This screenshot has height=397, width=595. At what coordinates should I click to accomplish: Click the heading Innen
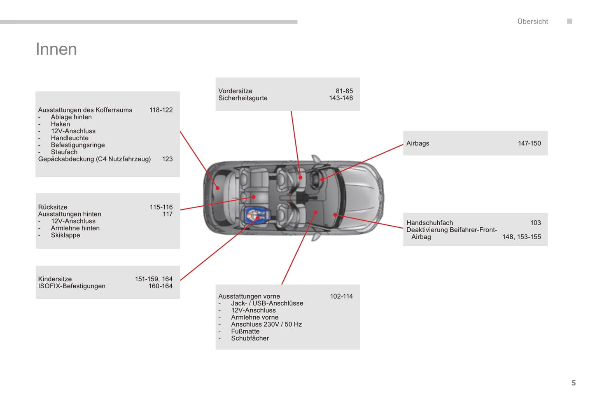coord(56,49)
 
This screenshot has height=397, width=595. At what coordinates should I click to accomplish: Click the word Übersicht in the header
coord(532,21)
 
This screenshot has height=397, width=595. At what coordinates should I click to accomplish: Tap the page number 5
coord(574,383)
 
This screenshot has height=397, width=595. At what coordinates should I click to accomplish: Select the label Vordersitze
coord(236,91)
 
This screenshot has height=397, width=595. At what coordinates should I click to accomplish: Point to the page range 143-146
coord(341,98)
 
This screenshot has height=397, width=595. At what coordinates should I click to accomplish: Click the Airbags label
coord(418,143)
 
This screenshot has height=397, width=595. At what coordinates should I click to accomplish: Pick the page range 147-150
coord(530,143)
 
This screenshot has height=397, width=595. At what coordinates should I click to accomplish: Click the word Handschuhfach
coord(429,223)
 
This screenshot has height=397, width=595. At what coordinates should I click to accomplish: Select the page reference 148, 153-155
coord(522,237)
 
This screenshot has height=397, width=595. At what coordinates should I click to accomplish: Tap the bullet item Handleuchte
coord(70,138)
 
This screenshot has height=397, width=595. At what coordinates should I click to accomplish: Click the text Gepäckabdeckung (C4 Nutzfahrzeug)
coord(94,159)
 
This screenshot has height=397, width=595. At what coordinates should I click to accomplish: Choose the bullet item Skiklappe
coord(65,235)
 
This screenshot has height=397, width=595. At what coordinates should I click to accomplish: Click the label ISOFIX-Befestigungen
coord(72,286)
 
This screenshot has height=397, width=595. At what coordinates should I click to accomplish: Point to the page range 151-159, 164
coord(154,279)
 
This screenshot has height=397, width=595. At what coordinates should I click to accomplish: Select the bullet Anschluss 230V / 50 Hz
coord(266,324)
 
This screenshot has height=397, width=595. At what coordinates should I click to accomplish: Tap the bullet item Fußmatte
coord(245,332)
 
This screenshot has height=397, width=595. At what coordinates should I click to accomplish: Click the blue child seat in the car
coord(257,217)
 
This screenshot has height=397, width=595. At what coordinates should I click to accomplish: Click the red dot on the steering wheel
coord(322,180)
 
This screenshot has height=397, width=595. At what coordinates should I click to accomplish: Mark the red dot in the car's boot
coord(218,188)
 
